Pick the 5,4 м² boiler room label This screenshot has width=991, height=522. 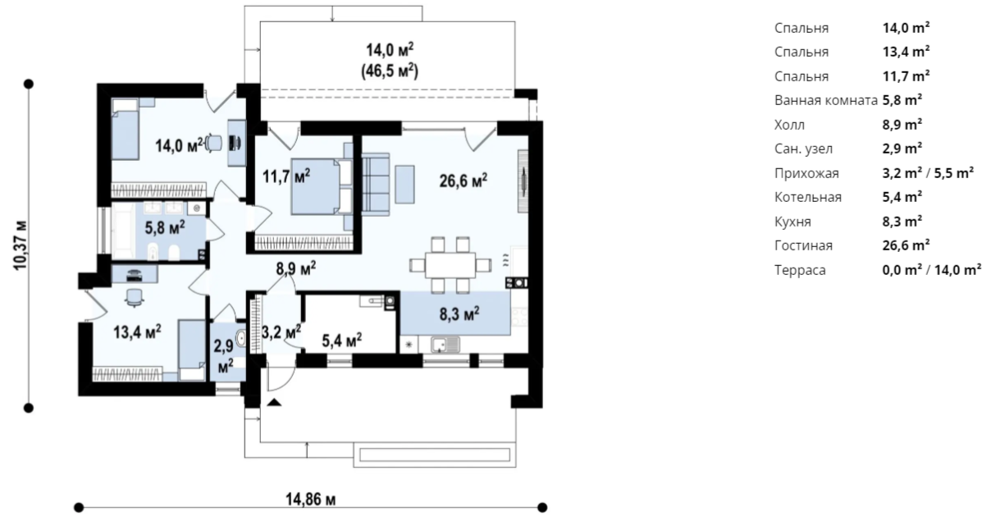click(341, 338)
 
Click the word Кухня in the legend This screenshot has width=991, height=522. click(792, 222)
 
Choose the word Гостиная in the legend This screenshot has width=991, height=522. click(803, 245)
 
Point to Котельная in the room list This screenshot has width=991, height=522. click(807, 197)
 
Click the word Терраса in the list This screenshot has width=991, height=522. click(800, 270)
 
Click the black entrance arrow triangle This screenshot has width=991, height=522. click(274, 402)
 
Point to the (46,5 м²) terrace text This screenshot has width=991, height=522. click(390, 72)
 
